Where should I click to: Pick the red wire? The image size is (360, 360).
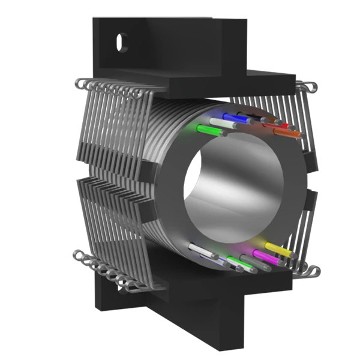(280, 126)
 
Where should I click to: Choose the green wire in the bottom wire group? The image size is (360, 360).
(236, 262)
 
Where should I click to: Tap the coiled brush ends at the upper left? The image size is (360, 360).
(108, 89)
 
